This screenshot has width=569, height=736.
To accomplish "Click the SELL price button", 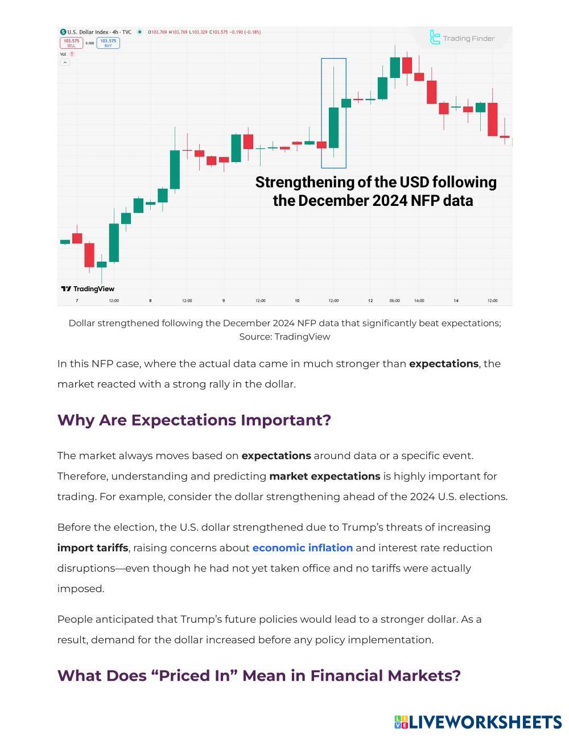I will pyautogui.click(x=71, y=43).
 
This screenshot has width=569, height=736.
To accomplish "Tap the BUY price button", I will pyautogui.click(x=108, y=43).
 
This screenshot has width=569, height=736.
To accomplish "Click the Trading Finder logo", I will pyautogui.click(x=462, y=38).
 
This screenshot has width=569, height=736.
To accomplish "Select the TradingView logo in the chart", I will pyautogui.click(x=88, y=289).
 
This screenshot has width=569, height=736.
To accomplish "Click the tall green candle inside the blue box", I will pyautogui.click(x=333, y=127).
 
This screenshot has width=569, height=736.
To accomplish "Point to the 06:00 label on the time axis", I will pyautogui.click(x=394, y=300).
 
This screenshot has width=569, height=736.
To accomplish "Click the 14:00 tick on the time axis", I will pyautogui.click(x=419, y=300).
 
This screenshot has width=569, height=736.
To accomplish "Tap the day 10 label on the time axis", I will pyautogui.click(x=297, y=300).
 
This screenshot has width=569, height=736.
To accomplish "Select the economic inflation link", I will pyautogui.click(x=302, y=548).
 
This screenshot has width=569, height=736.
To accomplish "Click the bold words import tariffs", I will pyautogui.click(x=93, y=548).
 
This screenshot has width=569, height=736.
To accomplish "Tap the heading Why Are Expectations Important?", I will pyautogui.click(x=194, y=420).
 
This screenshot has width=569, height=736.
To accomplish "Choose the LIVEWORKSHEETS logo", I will pyautogui.click(x=478, y=722).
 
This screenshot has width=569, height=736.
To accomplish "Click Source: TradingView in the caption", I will pyautogui.click(x=284, y=337).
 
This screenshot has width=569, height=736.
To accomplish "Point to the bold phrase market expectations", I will pyautogui.click(x=324, y=476).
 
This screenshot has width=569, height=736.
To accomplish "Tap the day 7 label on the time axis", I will pyautogui.click(x=77, y=300).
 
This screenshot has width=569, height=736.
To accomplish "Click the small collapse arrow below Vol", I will pyautogui.click(x=65, y=62).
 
